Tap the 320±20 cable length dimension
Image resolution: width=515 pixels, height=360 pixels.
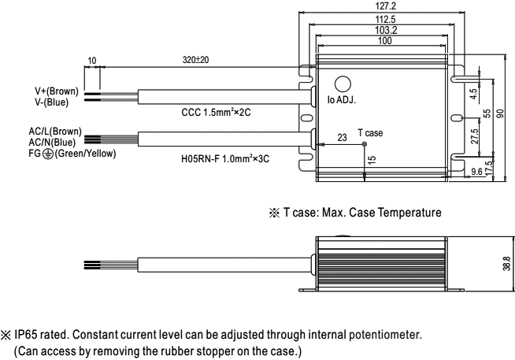click(196, 60)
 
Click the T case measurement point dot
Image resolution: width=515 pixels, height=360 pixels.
click(364, 144)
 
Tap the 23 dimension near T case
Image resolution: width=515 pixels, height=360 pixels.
click(343, 138)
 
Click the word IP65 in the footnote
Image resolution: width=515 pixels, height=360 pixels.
click(28, 334)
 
